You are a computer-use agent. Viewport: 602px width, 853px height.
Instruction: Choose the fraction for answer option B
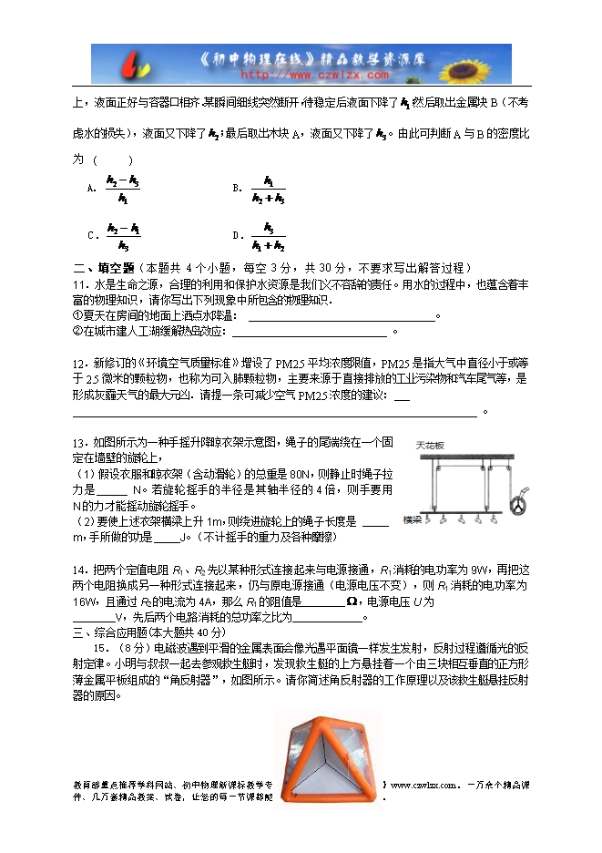(x=269, y=189)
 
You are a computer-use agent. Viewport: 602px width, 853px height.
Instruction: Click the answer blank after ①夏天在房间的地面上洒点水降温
(x=341, y=316)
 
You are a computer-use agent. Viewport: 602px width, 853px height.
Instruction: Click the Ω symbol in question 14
(x=351, y=602)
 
